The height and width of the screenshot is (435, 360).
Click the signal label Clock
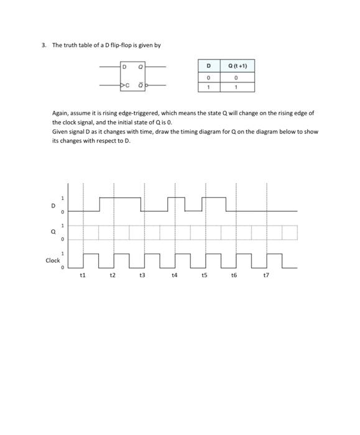53,260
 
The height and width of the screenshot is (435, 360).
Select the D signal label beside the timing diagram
53,205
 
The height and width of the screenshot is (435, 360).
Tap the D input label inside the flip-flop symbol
124,66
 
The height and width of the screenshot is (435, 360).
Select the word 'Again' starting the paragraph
60,113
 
